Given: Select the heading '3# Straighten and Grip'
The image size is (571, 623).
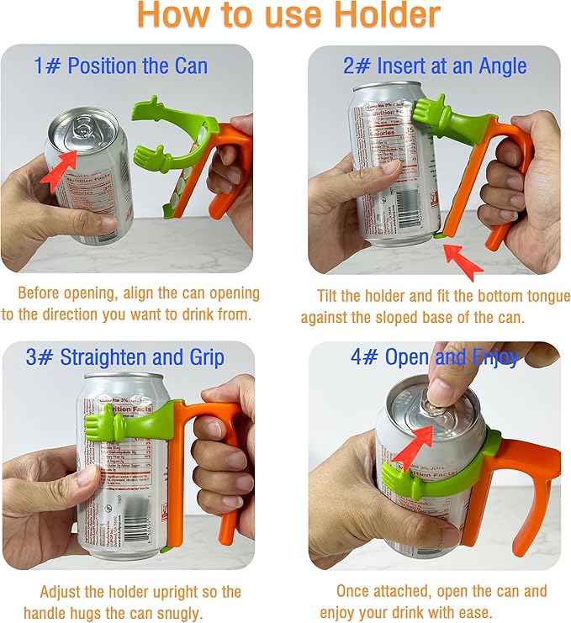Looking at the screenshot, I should [x=124, y=357].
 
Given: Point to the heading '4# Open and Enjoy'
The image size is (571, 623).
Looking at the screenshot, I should [x=434, y=356].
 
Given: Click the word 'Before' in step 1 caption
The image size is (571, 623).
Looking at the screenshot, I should [x=40, y=294].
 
